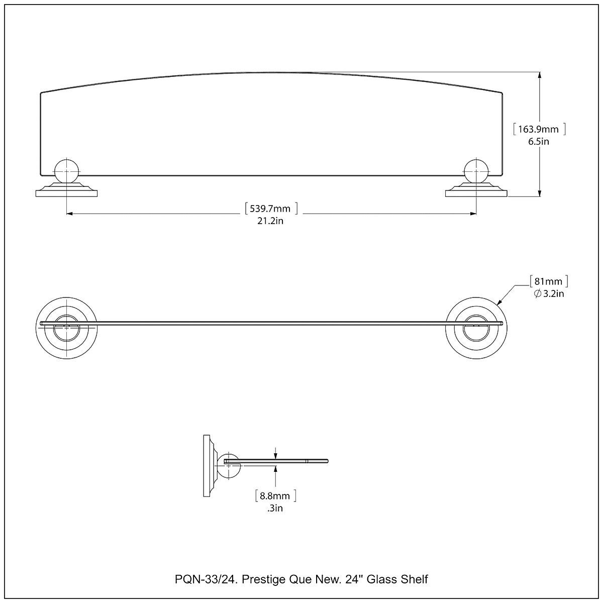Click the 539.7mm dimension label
271,208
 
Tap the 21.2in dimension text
271,221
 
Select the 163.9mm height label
539,129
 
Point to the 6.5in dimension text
538,142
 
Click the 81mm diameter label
549,281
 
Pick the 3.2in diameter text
549,293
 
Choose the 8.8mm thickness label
275,496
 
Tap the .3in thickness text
275,509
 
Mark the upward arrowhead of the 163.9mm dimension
540,75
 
